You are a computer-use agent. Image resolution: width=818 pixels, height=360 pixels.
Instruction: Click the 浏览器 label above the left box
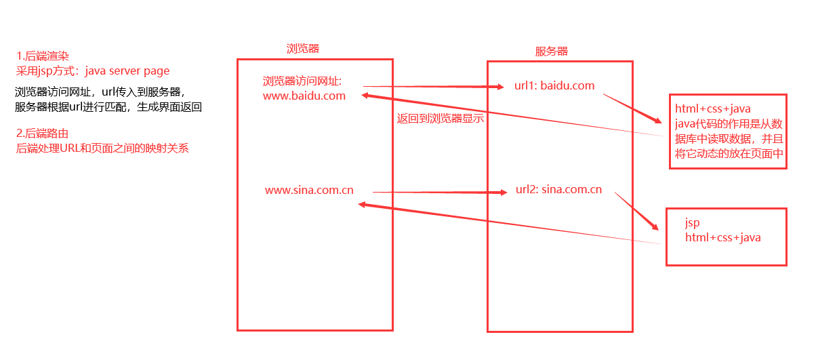click(303, 48)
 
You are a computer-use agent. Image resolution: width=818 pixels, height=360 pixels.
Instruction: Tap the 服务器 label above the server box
click(552, 52)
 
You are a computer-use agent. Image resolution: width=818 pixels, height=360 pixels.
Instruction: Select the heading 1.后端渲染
click(43, 56)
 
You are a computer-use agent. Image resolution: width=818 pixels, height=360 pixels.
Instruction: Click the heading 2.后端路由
click(43, 134)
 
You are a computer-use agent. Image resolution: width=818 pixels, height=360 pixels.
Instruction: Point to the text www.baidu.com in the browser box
click(304, 96)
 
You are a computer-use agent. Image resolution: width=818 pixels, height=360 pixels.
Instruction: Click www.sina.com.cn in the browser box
click(309, 190)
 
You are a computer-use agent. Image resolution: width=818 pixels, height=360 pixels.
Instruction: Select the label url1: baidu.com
click(554, 85)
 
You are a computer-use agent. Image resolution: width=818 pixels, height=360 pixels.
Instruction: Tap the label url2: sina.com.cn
click(558, 189)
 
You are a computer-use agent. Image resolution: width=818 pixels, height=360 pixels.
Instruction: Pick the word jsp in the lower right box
click(692, 222)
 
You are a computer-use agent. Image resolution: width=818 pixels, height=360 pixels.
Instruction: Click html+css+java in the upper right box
click(712, 108)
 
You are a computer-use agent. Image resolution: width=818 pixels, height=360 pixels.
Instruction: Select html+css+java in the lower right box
click(722, 237)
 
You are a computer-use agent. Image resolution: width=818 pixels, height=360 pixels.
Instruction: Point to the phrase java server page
click(127, 71)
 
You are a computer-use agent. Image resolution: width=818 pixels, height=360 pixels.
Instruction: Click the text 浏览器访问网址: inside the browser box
click(302, 81)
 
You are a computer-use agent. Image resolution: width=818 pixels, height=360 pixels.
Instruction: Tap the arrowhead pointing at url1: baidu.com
click(500, 87)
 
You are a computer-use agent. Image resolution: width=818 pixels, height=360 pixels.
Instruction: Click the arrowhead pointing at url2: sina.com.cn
click(504, 193)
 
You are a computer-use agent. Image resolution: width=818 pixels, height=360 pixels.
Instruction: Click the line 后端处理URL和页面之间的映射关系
click(102, 148)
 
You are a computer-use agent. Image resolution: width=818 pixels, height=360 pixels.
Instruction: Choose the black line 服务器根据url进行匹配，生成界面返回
click(108, 106)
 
